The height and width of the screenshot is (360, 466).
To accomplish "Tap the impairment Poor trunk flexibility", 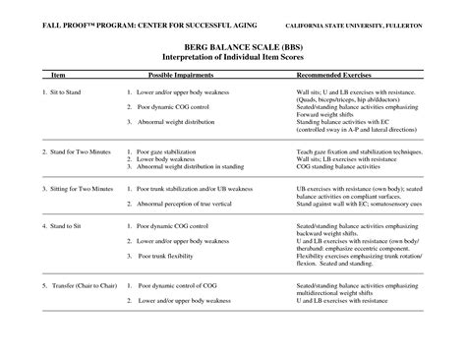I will point(178,255).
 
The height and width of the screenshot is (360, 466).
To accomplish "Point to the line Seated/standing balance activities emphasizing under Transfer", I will point(356,285).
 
